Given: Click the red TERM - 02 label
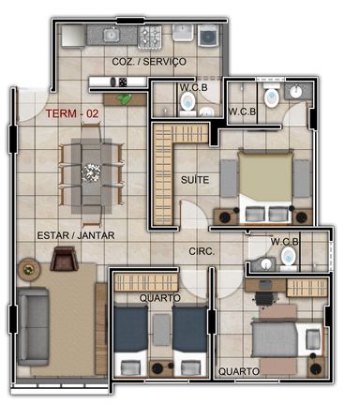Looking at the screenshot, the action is pyautogui.click(x=72, y=113).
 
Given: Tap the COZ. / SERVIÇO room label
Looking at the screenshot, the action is pyautogui.click(x=149, y=61).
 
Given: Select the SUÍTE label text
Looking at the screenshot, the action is pyautogui.click(x=195, y=180).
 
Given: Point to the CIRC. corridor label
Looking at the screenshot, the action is pyautogui.click(x=202, y=251).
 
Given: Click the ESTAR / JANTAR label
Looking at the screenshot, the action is pyautogui.click(x=76, y=235).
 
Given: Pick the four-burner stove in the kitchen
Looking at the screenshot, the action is pyautogui.click(x=150, y=37).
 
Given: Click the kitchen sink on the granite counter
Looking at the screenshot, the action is pyautogui.click(x=111, y=35).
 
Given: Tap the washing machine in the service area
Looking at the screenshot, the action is pyautogui.click(x=208, y=36).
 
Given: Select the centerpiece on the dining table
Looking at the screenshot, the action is pyautogui.click(x=91, y=172).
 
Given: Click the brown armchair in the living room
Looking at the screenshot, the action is pyautogui.click(x=64, y=259).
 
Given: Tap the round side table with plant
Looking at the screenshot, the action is pyautogui.click(x=29, y=269).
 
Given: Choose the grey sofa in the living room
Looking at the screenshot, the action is pyautogui.click(x=33, y=326).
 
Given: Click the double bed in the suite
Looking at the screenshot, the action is pyautogui.click(x=265, y=187).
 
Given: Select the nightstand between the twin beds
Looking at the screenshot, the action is pyautogui.click(x=161, y=368).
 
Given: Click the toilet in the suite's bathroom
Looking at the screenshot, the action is pyautogui.click(x=272, y=97).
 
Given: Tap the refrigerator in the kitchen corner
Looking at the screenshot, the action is pyautogui.click(x=73, y=36).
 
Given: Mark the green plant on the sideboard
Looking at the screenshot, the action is pyautogui.click(x=125, y=99).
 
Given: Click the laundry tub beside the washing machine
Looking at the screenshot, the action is pyautogui.click(x=183, y=33).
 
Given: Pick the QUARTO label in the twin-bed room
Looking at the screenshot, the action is pyautogui.click(x=160, y=298).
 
